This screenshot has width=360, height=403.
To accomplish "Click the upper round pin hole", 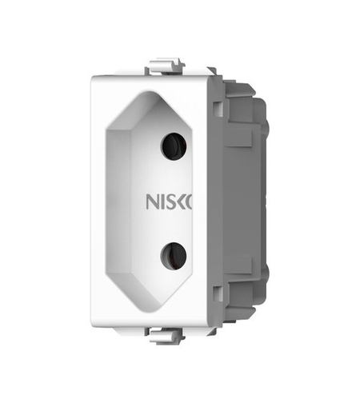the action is [174, 146].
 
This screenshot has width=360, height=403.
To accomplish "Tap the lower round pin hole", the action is [174, 256].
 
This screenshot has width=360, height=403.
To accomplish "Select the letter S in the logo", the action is [169, 201].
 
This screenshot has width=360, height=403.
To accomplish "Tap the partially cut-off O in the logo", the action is [189, 201].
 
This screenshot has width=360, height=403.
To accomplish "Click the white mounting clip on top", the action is [166, 66].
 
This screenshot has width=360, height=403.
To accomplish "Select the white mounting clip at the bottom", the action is [166, 336].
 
